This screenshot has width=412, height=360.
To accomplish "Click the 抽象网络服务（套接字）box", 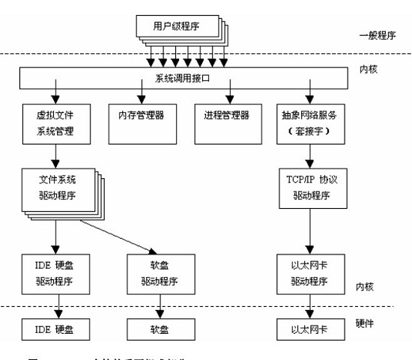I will coord(310,124).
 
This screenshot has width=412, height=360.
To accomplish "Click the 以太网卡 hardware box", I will coord(310,329).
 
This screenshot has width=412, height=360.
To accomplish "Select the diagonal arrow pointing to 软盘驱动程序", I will coord(120,234).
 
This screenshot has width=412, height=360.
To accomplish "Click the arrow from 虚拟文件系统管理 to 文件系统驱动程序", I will coord(55,156).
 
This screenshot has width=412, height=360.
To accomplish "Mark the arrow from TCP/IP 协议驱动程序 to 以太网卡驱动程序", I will coord(309,231).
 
